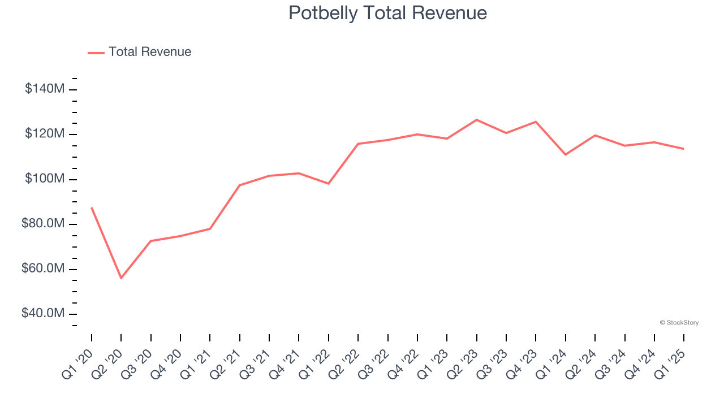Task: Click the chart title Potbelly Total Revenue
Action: (x=387, y=13)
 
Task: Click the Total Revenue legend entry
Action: (x=140, y=52)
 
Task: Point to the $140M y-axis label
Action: (x=45, y=89)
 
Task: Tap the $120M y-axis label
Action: (x=45, y=134)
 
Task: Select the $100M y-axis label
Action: (x=45, y=179)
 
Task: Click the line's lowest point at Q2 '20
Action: (x=121, y=278)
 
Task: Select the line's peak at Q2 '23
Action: (x=477, y=120)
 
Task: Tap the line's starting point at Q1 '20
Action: (x=92, y=208)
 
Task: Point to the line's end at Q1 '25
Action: (x=684, y=149)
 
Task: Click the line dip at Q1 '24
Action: (x=566, y=154)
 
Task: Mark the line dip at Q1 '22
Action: (x=329, y=184)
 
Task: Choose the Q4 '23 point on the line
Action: (x=536, y=122)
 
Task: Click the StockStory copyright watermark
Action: (x=679, y=323)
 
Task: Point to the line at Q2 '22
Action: (x=358, y=144)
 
